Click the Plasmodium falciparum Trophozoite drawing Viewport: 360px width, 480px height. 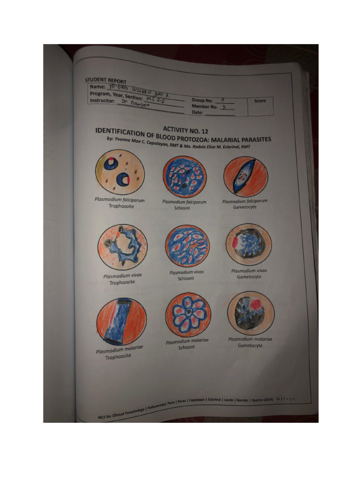pos(120,172)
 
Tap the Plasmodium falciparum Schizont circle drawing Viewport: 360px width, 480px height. pos(184,177)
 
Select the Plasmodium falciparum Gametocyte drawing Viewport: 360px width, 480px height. pos(246,176)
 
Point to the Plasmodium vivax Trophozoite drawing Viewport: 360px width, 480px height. pos(122,247)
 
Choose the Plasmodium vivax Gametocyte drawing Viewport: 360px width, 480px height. pos(249,244)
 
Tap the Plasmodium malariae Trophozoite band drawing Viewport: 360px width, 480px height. pos(121,321)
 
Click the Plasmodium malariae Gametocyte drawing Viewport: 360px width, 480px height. pos(251,313)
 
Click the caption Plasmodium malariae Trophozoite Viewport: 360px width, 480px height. pos(120,353)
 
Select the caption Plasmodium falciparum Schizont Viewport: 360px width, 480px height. pos(184,205)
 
